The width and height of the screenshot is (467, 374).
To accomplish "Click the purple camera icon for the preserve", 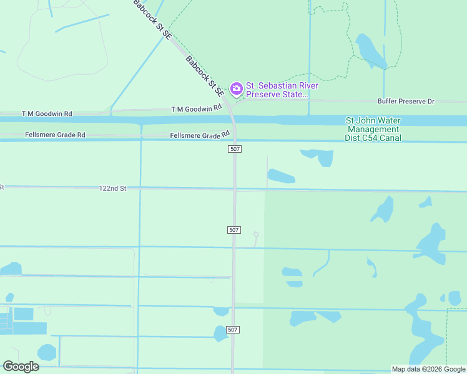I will (237, 89).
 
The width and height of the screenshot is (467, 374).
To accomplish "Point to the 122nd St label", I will (112, 188).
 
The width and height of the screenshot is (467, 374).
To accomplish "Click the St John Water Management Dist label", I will (373, 129).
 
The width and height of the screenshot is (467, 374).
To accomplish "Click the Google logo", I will (21, 367).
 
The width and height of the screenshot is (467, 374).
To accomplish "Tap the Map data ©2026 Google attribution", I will (428, 369).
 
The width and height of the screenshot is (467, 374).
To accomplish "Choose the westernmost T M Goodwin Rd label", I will (47, 114).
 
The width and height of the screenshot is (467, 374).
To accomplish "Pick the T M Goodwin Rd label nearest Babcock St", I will (197, 108).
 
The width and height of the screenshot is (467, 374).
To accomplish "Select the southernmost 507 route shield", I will (234, 330).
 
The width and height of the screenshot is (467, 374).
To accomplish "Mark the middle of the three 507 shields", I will (234, 230).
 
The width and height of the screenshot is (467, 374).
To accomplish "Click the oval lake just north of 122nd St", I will (281, 177).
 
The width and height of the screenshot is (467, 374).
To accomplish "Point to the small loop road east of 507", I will (255, 235).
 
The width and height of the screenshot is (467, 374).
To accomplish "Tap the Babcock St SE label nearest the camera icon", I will (205, 75).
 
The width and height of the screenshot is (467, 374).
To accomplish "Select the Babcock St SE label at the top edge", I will (152, 20).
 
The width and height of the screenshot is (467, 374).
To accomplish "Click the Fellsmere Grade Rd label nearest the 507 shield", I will (200, 135).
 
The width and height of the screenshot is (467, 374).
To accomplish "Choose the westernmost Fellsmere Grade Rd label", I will (55, 135).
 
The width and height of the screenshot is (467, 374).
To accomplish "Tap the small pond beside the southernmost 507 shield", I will (220, 333).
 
